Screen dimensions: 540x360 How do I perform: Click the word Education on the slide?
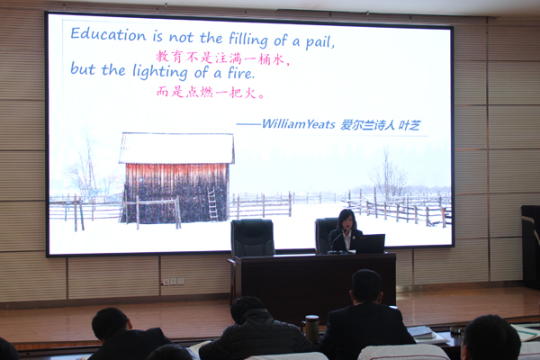[x=108, y=35]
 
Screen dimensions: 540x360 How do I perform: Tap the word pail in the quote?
[x=319, y=42]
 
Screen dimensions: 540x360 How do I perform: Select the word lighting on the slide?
[x=160, y=72]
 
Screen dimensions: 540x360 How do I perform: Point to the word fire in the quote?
[x=241, y=73]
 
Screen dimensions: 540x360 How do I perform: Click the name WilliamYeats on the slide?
[x=298, y=124]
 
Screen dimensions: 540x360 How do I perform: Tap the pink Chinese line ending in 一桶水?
[x=222, y=58]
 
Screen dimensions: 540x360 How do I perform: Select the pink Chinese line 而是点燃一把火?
[x=211, y=92]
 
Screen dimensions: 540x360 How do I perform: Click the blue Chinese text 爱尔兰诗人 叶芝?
[x=381, y=125]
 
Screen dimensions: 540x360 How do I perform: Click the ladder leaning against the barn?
[x=212, y=204]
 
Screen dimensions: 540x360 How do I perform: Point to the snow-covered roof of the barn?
[x=176, y=148]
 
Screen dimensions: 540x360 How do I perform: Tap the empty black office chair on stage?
[x=252, y=238]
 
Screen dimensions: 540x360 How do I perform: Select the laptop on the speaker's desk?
[x=370, y=244]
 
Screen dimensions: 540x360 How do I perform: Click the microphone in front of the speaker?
[x=336, y=242]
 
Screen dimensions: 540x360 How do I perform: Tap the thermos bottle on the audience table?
[x=311, y=329]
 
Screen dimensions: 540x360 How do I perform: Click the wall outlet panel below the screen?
[x=173, y=282]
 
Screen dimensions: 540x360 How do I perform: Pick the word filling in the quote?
[x=248, y=40]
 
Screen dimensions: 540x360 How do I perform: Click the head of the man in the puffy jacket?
[x=247, y=309]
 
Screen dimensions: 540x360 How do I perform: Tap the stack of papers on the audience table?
[x=421, y=333]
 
